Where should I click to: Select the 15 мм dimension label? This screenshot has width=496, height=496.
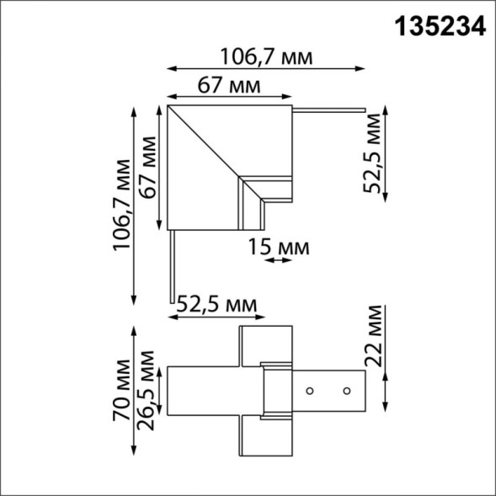coord(279,248)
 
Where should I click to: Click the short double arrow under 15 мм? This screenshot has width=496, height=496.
coord(278,262)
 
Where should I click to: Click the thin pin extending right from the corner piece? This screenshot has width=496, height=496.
coord(328,109)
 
